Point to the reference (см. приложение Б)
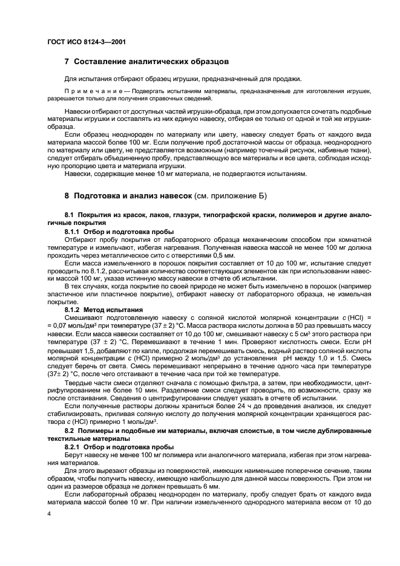coord(232,196)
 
